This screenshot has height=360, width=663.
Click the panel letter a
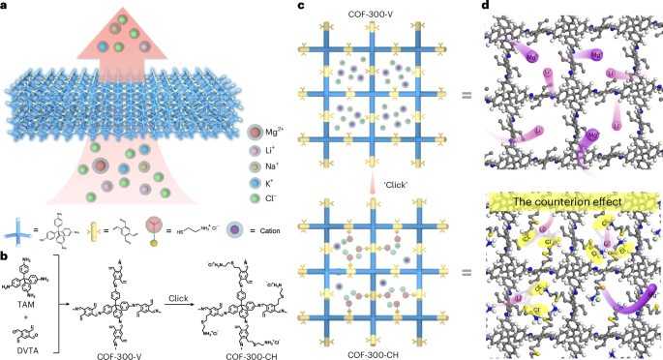click(6, 7)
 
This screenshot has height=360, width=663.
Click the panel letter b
click(6, 255)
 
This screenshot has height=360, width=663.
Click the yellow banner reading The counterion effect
click(567, 201)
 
